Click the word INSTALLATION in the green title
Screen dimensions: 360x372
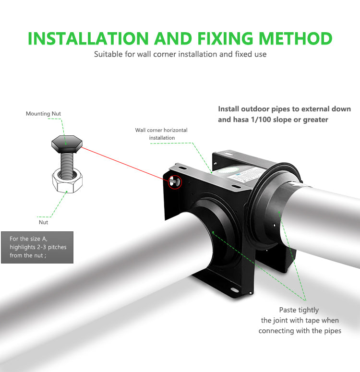click(88, 38)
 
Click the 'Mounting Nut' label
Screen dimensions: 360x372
click(43, 114)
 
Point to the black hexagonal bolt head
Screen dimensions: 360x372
click(67, 144)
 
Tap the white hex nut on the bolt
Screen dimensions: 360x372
click(67, 180)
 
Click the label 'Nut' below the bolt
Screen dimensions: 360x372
click(43, 222)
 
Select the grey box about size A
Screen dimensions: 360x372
click(37, 247)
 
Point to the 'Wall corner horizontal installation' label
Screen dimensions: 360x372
click(161, 134)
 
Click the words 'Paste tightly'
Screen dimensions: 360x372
click(299, 310)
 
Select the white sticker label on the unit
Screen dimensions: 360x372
click(244, 175)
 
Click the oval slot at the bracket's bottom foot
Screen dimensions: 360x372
click(235, 290)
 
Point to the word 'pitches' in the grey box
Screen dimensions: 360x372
click(57, 247)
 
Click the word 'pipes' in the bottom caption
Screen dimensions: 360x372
click(333, 331)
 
